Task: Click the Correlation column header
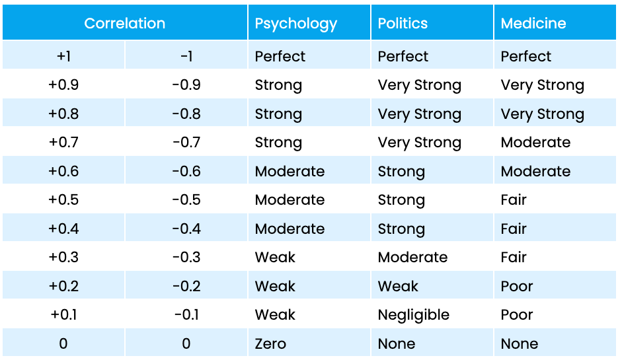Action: pos(124,23)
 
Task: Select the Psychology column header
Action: pos(295,23)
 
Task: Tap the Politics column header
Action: pos(403,23)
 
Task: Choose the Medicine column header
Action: pos(533,23)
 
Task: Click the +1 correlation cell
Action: pos(63,56)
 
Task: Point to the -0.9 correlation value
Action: pos(186,85)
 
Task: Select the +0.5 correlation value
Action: pos(63,200)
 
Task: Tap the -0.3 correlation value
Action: pos(186,258)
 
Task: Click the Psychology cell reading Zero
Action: pos(270,343)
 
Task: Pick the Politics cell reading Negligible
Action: pos(413,315)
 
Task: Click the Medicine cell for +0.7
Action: pos(535,143)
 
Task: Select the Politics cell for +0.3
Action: pos(412,258)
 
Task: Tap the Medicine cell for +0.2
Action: pos(516,286)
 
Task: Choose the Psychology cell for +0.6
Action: pos(290,171)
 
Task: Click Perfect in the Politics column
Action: pos(403,56)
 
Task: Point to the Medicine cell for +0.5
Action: pos(514,200)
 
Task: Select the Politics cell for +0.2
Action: pos(398,286)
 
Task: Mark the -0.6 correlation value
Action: pos(186,171)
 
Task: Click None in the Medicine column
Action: pos(519,343)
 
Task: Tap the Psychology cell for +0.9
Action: pos(278,85)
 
